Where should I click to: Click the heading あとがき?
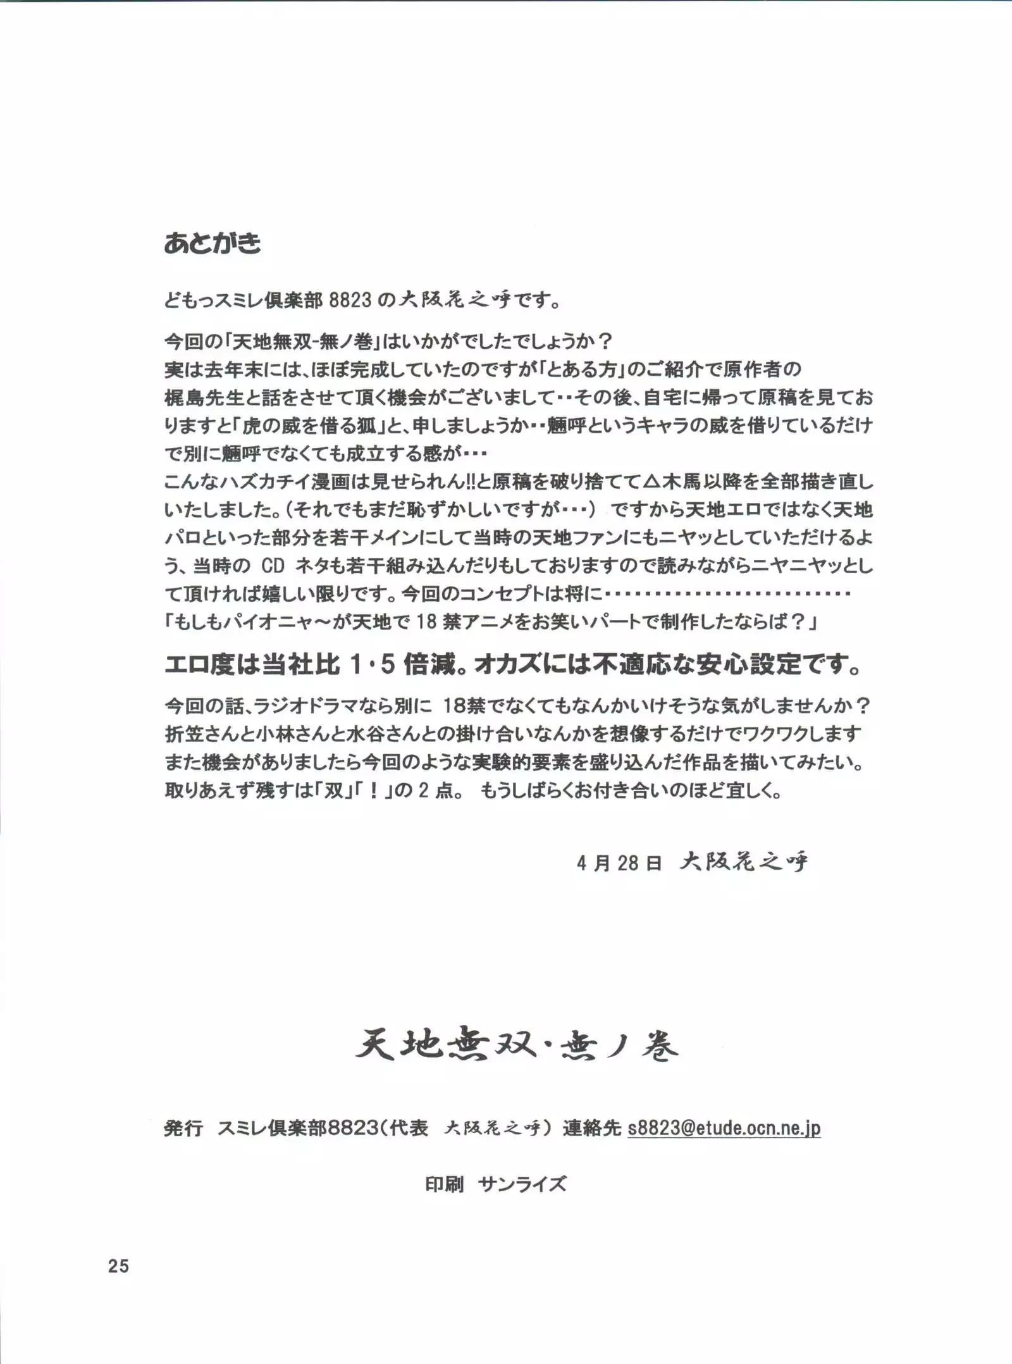point(213,244)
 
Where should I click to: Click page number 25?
point(118,1266)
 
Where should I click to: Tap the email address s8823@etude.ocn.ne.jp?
point(724,1128)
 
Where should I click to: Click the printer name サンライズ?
point(522,1184)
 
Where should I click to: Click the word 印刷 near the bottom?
point(445,1184)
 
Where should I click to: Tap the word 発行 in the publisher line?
point(183,1128)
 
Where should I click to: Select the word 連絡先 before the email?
point(592,1128)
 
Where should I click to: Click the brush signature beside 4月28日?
point(744,862)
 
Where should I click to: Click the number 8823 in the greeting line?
point(350,300)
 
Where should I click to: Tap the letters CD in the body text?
point(273,566)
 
